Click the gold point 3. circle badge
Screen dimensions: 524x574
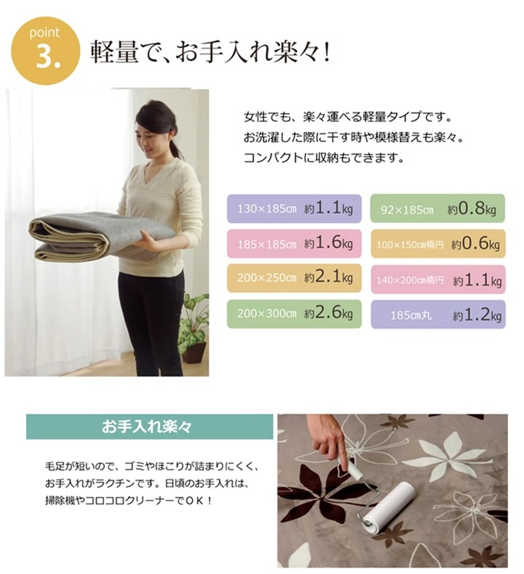pyautogui.click(x=45, y=50)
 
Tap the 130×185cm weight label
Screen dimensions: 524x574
pyautogui.click(x=294, y=209)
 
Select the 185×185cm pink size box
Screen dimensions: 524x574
pyautogui.click(x=294, y=244)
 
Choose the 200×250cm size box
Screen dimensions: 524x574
pyautogui.click(x=294, y=278)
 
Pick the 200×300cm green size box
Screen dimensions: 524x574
pyautogui.click(x=294, y=314)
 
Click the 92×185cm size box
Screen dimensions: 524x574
pyautogui.click(x=438, y=209)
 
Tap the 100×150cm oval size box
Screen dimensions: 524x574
pyautogui.click(x=438, y=244)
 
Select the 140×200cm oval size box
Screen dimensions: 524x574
pyautogui.click(x=438, y=280)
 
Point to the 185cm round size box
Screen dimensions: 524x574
pyautogui.click(x=438, y=315)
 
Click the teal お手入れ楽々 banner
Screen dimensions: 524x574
pyautogui.click(x=149, y=426)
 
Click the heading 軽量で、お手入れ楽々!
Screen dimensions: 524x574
pyautogui.click(x=210, y=51)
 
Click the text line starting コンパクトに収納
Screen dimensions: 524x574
pyautogui.click(x=324, y=158)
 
